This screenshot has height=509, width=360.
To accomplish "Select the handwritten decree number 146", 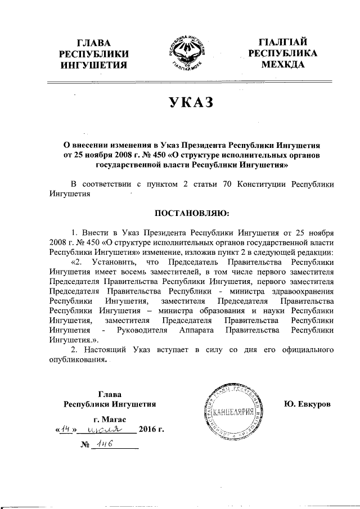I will [x=104, y=444].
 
